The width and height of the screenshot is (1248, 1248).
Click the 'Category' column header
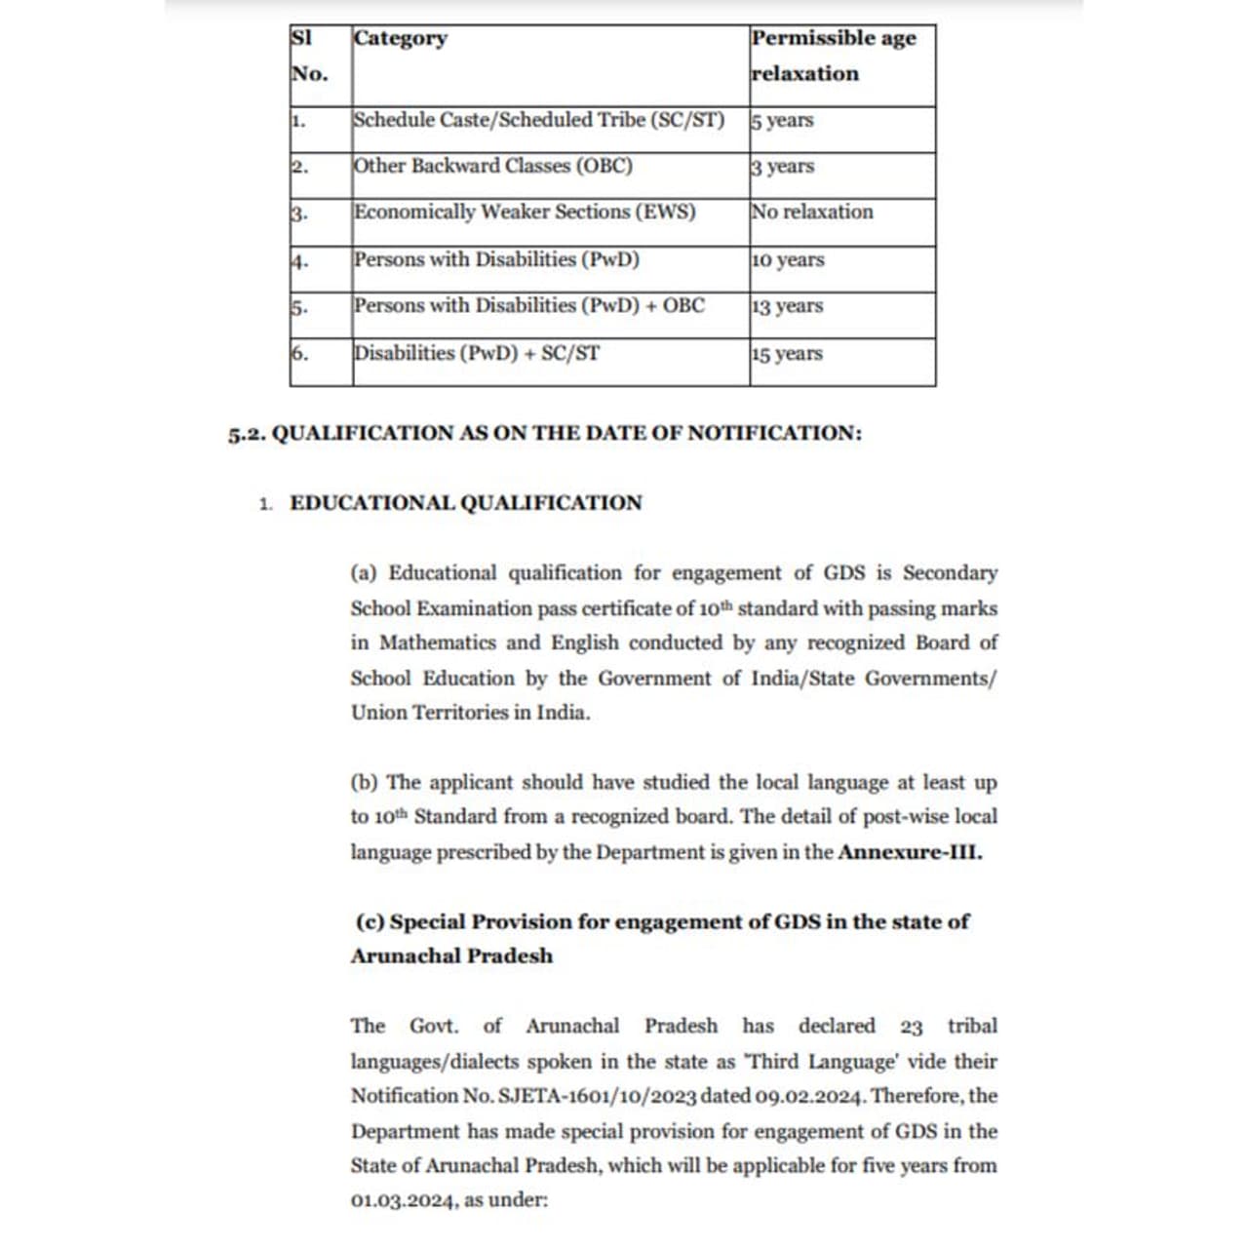pos(401,39)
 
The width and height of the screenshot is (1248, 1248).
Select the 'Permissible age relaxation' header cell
pos(834,56)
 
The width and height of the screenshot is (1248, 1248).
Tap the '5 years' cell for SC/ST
pos(782,121)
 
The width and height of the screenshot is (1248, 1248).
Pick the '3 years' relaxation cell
pos(782,167)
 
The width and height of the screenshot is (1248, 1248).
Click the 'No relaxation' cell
pos(812,213)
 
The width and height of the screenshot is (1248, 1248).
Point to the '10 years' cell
pos(788,260)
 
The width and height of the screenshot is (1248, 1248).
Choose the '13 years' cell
pos(787,306)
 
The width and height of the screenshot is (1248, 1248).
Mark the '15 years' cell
pos(787,354)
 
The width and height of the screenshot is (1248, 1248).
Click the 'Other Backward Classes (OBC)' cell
pos(493,167)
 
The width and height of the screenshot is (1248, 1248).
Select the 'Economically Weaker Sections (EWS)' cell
pos(525,213)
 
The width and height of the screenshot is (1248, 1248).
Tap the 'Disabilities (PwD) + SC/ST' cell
pos(477,354)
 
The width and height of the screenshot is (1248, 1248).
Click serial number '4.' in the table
pos(299,261)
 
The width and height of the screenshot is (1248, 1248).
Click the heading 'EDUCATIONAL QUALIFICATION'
pos(466,503)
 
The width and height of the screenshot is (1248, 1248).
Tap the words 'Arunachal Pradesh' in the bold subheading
pos(451,956)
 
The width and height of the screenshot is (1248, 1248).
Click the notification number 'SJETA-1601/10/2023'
pos(597,1097)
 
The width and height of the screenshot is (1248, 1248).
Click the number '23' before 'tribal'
pos(912,1028)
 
